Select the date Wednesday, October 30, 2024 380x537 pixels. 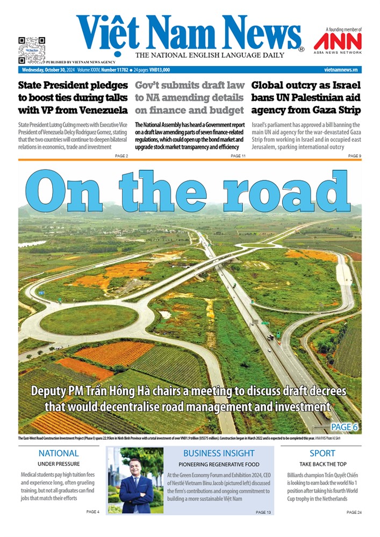click(47, 70)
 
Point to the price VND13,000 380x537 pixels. click(159, 70)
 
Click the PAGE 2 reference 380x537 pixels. click(121, 156)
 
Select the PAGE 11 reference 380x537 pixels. click(238, 156)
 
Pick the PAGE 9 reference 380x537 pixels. click(354, 156)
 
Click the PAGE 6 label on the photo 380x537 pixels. click(345, 427)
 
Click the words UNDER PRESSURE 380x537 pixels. click(59, 464)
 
